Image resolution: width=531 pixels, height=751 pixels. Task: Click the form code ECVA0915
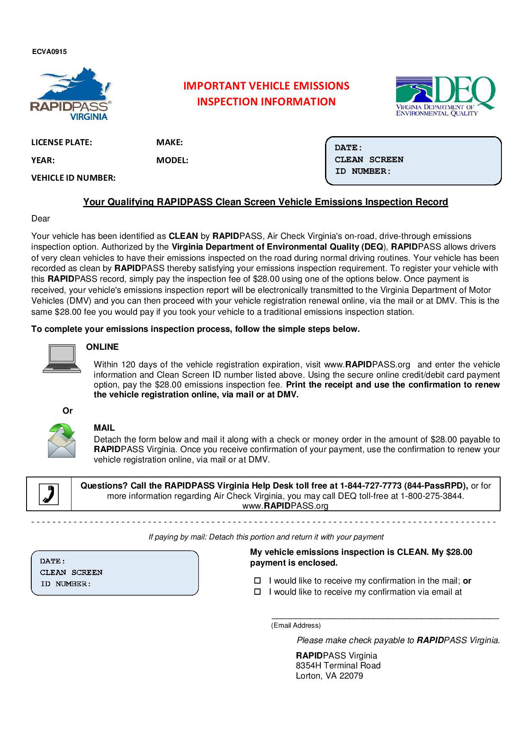tap(49, 52)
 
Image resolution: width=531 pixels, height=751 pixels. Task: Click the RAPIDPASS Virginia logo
tap(71, 94)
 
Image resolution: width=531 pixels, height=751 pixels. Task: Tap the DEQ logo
tap(445, 96)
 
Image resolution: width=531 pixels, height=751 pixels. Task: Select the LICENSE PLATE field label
tap(62, 143)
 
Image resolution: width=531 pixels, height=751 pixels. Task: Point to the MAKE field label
tap(170, 143)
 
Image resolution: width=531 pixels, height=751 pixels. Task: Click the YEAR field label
tap(43, 161)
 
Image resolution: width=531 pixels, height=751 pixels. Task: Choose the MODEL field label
tap(172, 161)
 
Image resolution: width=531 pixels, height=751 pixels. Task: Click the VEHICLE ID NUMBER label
tap(73, 178)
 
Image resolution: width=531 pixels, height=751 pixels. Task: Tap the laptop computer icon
tap(62, 359)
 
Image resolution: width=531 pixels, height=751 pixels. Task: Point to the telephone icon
tap(49, 494)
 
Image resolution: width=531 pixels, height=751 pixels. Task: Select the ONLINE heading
tap(102, 347)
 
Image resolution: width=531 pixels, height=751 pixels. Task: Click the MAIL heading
tap(104, 428)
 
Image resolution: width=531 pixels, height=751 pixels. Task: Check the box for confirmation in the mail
tap(257, 581)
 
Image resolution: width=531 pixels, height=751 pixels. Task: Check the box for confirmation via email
tap(257, 592)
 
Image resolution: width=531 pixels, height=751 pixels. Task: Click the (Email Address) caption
tap(295, 626)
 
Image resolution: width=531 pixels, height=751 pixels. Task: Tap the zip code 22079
tap(351, 676)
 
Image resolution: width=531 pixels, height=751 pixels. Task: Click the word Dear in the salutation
tap(41, 219)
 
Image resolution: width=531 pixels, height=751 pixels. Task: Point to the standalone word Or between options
tap(68, 411)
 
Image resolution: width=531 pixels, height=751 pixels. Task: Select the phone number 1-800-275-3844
tap(432, 496)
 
